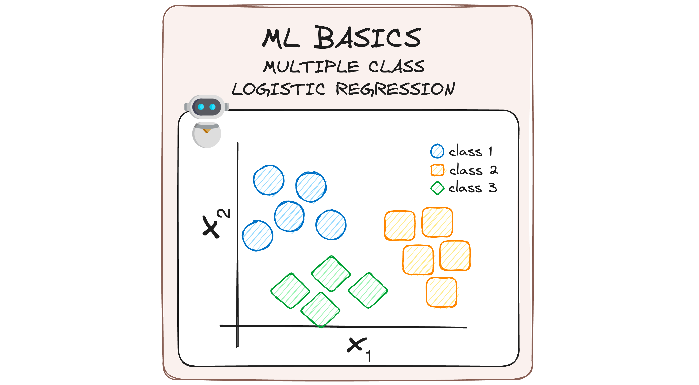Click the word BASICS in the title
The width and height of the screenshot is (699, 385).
(x=367, y=38)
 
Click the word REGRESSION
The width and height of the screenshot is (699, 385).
(x=395, y=89)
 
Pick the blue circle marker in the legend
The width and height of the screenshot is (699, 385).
(x=437, y=151)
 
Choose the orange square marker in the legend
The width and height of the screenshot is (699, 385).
(x=437, y=170)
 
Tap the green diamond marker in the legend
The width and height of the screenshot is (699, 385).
(x=437, y=188)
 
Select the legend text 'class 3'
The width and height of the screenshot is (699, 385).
(x=472, y=188)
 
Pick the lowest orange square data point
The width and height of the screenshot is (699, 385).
(x=441, y=292)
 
